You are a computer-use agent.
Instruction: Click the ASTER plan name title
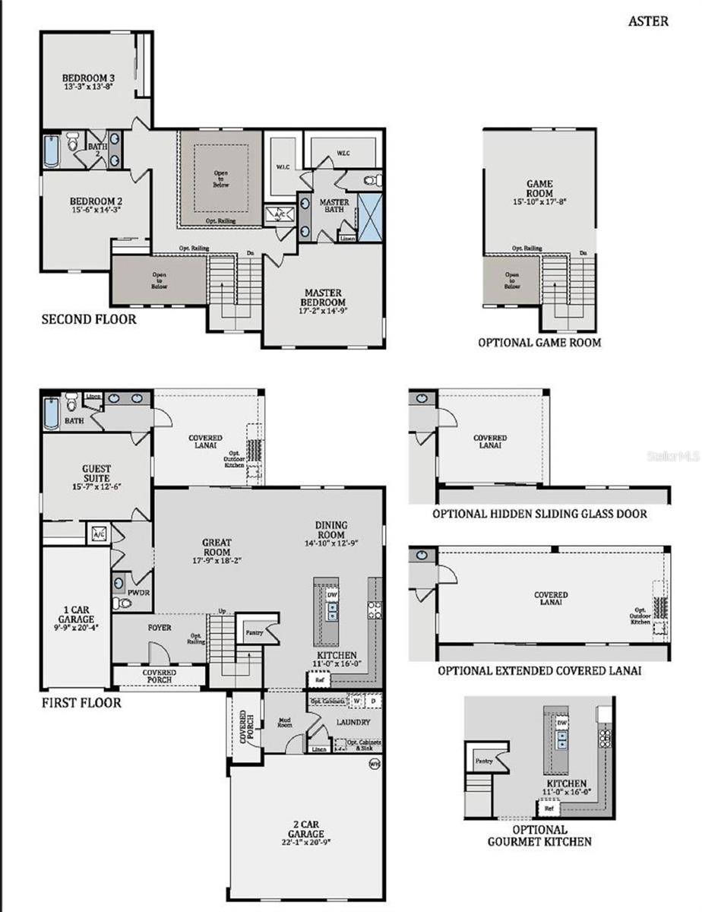[x=648, y=21]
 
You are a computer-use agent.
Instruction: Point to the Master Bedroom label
[x=323, y=293]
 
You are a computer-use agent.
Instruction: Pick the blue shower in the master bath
[x=371, y=217]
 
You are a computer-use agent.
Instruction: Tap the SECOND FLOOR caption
[x=89, y=319]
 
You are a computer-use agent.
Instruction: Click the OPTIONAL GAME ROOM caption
[x=539, y=343]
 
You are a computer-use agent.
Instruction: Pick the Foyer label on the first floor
[x=159, y=629]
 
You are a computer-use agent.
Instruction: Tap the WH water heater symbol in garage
[x=374, y=764]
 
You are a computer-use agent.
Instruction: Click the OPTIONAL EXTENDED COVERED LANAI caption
[x=539, y=671]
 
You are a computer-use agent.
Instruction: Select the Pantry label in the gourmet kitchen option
[x=484, y=761]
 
